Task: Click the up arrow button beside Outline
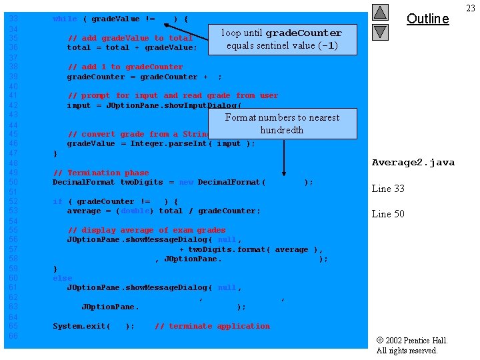(380, 12)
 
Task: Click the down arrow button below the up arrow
(380, 31)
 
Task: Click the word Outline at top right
(427, 19)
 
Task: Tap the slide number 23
(471, 8)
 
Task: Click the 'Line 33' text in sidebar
(388, 189)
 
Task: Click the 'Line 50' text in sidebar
(388, 214)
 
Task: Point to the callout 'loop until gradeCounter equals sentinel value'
(282, 39)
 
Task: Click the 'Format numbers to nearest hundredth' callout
(282, 123)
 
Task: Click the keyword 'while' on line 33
(65, 19)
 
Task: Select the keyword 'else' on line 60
(62, 278)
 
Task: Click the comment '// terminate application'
(212, 326)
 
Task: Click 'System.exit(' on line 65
(81, 326)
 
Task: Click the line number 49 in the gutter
(13, 173)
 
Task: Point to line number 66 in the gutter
(13, 335)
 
